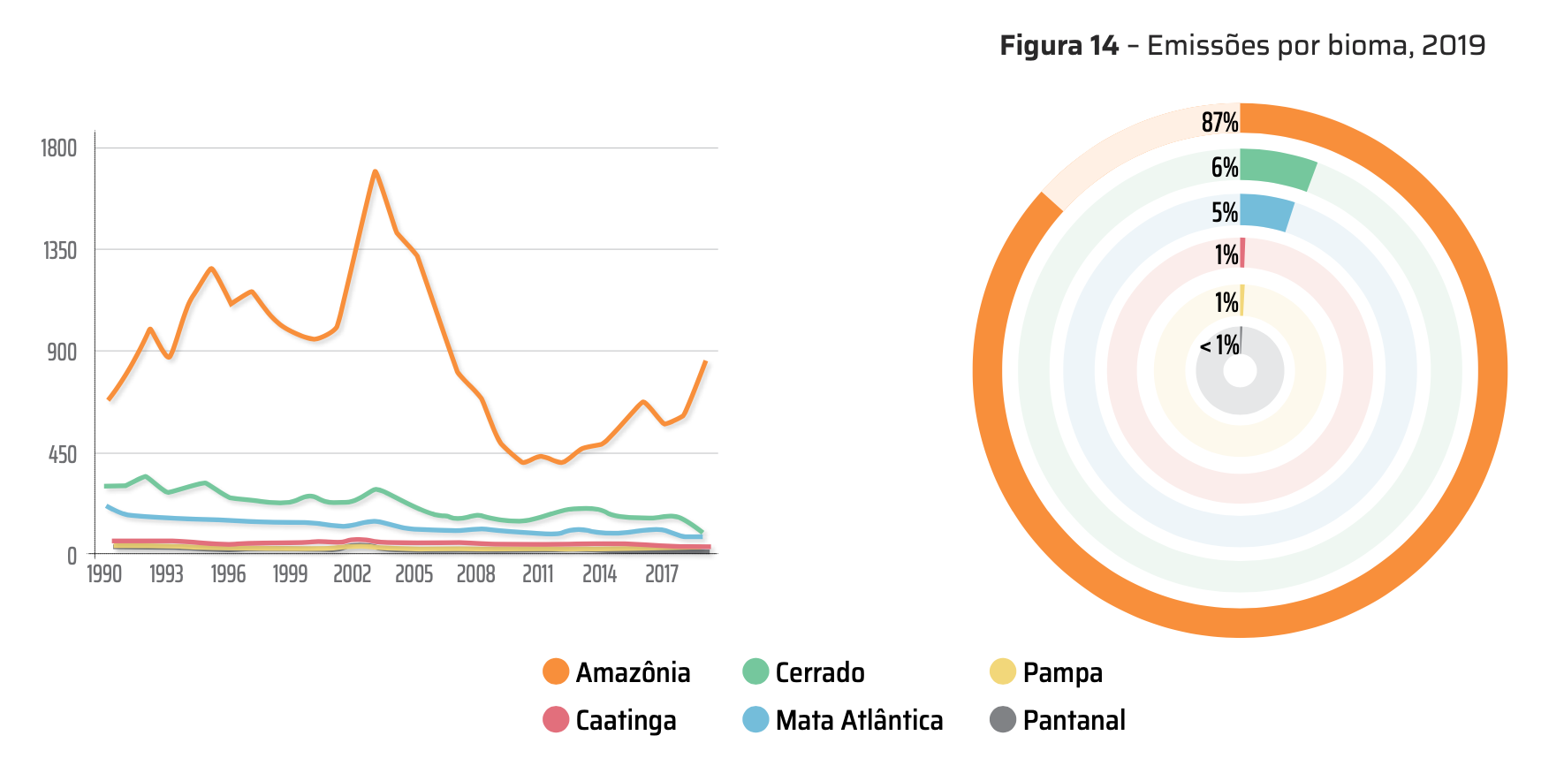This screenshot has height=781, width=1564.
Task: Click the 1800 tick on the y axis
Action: click(59, 148)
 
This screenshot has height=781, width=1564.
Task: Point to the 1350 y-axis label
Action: click(60, 250)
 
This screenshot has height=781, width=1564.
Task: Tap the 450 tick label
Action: click(63, 454)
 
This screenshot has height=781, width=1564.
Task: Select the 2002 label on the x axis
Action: click(352, 574)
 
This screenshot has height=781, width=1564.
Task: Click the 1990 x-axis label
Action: click(104, 574)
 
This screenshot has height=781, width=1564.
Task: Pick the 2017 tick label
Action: click(661, 574)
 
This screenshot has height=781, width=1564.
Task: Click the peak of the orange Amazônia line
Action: click(376, 171)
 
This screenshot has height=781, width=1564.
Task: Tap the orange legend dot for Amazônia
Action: click(556, 671)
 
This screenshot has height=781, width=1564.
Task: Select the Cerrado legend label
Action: click(819, 672)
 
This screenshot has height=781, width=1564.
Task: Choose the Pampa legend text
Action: click(1062, 672)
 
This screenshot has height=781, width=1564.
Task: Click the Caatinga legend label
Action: click(626, 720)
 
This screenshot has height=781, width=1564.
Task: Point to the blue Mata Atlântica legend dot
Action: click(755, 719)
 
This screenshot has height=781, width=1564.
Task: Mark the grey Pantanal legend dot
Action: click(1002, 719)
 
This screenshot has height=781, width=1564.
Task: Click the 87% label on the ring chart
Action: click(1219, 122)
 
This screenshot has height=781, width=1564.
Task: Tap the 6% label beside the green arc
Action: click(1224, 167)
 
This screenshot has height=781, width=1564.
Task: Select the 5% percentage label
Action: click(1224, 212)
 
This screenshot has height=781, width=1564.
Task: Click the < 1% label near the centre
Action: click(1219, 345)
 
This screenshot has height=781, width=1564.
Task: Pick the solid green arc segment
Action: click(1277, 168)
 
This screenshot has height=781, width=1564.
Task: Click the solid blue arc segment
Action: click(1266, 212)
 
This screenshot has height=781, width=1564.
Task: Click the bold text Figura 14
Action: click(1059, 45)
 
